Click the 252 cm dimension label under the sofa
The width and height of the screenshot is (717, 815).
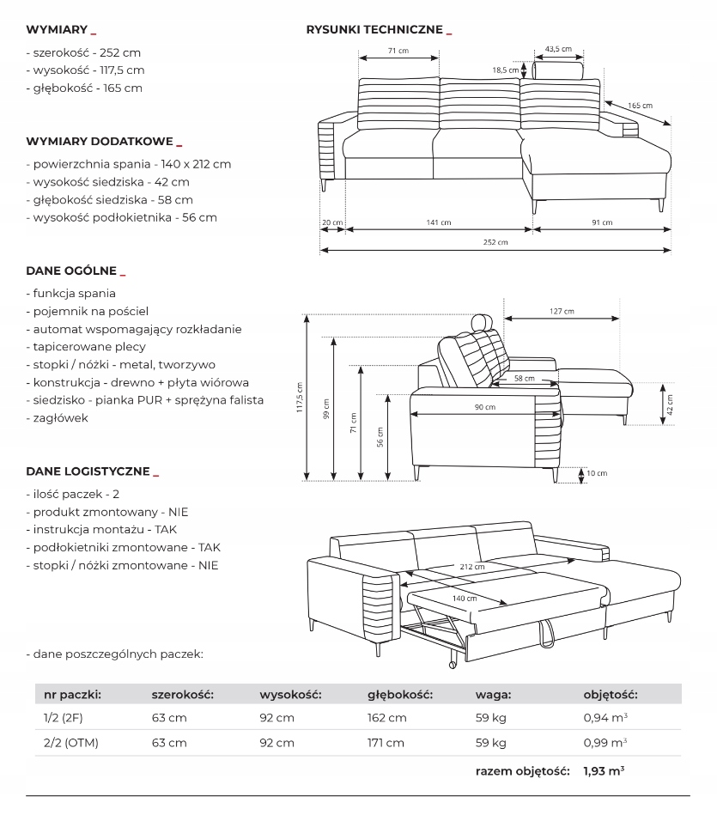click(496, 243)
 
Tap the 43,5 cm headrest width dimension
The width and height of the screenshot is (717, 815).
click(558, 49)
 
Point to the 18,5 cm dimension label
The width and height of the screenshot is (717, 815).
click(505, 70)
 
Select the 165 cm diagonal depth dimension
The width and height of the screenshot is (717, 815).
click(640, 106)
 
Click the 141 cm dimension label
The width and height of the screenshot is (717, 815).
click(439, 223)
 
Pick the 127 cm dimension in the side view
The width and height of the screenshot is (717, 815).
click(562, 311)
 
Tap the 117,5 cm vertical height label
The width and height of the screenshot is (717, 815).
click(300, 398)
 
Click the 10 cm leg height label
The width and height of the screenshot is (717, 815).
click(597, 473)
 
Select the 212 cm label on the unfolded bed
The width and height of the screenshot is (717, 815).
click(471, 567)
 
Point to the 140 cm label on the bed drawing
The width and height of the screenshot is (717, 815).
click(465, 598)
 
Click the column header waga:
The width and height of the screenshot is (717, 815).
click(494, 694)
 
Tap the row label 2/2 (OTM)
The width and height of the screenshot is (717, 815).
click(71, 743)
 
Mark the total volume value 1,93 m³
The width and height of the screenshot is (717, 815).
click(604, 771)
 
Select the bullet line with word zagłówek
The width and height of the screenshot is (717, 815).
click(58, 418)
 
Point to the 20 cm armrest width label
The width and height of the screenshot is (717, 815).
click(332, 223)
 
